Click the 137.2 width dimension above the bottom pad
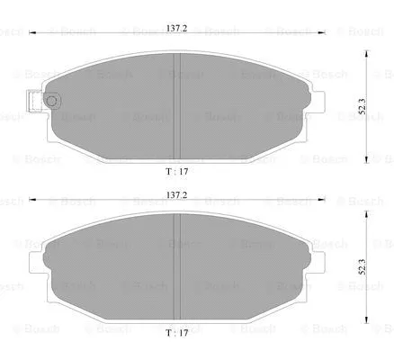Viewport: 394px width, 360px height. coord(175,194)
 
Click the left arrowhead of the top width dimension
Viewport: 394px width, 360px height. coord(32,34)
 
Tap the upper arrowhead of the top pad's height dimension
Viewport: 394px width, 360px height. coord(367,51)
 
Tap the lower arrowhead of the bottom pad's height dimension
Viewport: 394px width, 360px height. coord(367,320)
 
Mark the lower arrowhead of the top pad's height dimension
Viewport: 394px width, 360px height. coord(367,153)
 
